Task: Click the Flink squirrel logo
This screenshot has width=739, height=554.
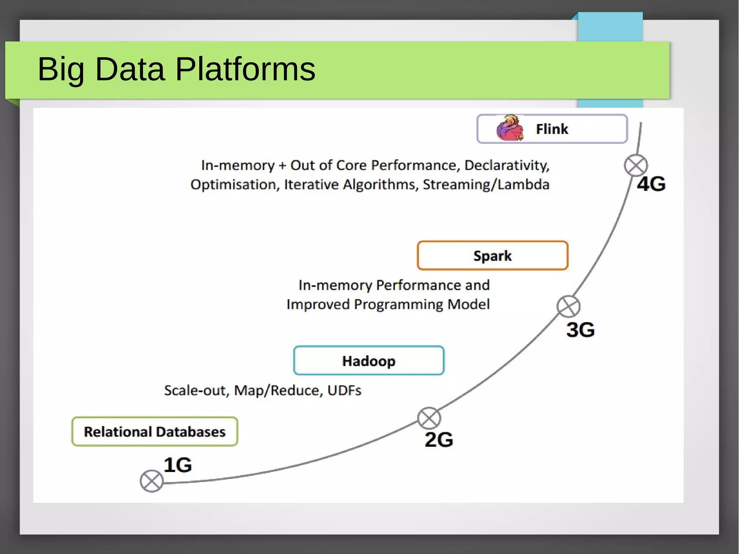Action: coord(510,128)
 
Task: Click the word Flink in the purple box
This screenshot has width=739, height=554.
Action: coord(552,129)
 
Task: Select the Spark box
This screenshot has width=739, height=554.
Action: coord(493,256)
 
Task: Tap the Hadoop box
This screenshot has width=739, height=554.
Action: coord(369,361)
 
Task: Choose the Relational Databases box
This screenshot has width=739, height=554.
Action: coord(154,432)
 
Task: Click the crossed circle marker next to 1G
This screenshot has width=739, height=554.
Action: coord(152,481)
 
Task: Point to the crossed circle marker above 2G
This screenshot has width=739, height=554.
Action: coord(429,419)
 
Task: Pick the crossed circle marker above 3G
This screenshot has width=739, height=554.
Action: coord(568,306)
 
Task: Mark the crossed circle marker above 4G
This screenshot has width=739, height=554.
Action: coord(636,165)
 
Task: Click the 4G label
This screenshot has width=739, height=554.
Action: coord(651,184)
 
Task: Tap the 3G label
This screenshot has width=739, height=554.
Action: coord(580,330)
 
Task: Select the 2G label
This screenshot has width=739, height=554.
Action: coord(439,440)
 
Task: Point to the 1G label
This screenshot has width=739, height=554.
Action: coord(178,465)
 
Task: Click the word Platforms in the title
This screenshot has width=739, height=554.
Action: coord(245,69)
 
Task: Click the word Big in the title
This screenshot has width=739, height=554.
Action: coord(61,69)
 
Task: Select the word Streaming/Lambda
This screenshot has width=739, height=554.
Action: coord(486,184)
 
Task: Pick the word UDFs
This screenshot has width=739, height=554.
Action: coord(344,391)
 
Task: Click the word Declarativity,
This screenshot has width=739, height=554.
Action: coord(507,165)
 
